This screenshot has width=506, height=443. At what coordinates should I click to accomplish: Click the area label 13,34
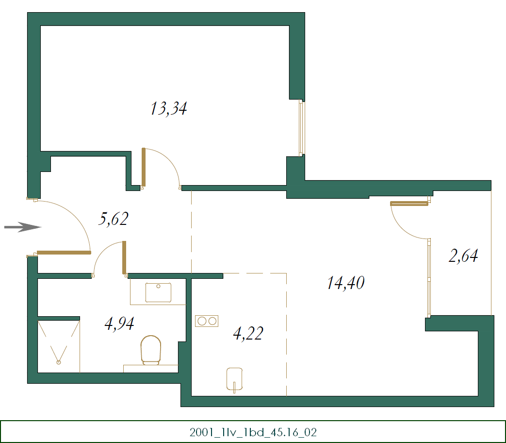pyautogui.click(x=168, y=109)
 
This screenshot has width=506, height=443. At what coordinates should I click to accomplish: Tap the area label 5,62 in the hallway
pyautogui.click(x=113, y=219)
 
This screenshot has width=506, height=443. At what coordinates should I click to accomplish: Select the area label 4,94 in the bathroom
pyautogui.click(x=119, y=323)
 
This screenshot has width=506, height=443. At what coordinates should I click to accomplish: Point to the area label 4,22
pyautogui.click(x=248, y=334)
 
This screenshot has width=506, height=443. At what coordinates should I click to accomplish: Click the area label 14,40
pyautogui.click(x=345, y=283)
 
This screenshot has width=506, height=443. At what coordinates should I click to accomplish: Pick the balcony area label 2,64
pyautogui.click(x=463, y=256)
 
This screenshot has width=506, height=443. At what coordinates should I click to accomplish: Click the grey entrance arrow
pyautogui.click(x=22, y=227)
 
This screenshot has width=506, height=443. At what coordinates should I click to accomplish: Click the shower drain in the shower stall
pyautogui.click(x=59, y=361)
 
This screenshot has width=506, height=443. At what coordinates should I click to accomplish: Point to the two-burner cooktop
pyautogui.click(x=207, y=321)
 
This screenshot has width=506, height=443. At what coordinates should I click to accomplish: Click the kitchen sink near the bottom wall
pyautogui.click(x=235, y=379)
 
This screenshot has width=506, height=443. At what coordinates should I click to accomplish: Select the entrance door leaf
pyautogui.click(x=64, y=252)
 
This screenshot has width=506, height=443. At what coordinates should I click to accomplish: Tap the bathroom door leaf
pyautogui.click(x=124, y=257)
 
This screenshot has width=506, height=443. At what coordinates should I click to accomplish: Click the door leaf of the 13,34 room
pyautogui.click(x=144, y=168)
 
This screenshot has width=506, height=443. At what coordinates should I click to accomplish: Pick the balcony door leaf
pyautogui.click(x=409, y=204)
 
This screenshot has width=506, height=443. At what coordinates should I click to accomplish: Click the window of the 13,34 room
pyautogui.click(x=301, y=128)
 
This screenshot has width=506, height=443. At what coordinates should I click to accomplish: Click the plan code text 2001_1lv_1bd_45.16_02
pyautogui.click(x=253, y=432)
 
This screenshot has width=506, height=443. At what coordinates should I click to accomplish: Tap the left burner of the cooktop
pyautogui.click(x=201, y=321)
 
